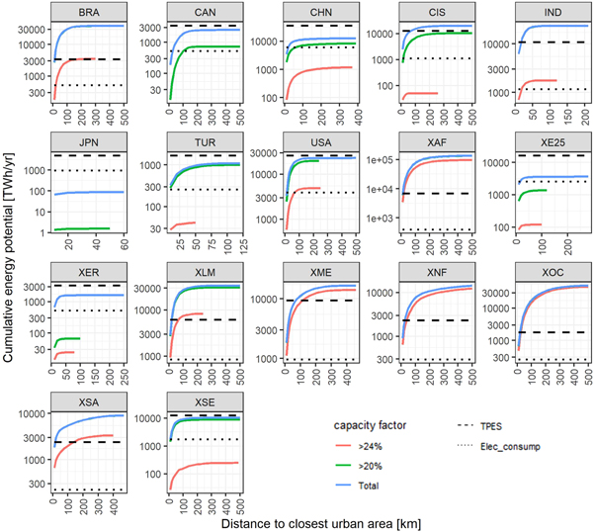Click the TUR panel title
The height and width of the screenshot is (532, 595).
[203, 142]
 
